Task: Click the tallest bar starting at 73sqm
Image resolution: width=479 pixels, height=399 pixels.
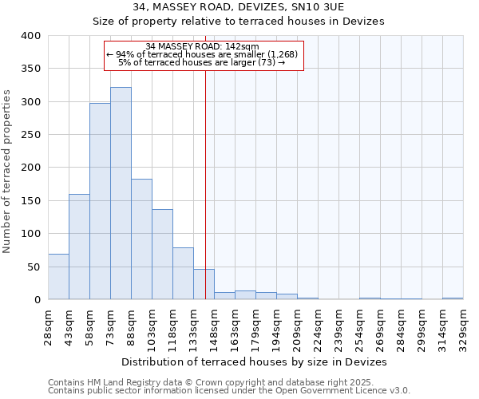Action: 121,193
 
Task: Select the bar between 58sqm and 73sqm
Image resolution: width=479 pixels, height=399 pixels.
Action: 100,201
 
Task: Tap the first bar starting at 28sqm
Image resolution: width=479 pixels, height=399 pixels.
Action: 58,276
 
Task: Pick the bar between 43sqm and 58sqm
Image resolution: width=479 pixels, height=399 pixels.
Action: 79,247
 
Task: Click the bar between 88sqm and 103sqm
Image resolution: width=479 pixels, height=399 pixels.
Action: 141,239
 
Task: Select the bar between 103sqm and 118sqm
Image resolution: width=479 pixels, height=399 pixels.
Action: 162,254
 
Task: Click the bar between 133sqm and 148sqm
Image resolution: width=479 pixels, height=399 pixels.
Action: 204,284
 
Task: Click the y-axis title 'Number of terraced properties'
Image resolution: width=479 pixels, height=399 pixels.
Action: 8,171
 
